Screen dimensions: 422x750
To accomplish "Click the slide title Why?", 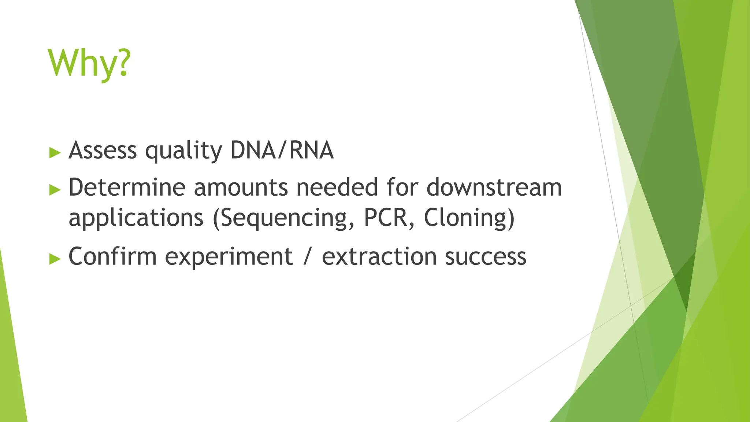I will point(89,64).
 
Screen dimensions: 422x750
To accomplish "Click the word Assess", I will point(103,150).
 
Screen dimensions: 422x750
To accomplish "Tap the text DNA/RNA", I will point(282,150).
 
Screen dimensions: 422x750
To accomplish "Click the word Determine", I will point(127,187).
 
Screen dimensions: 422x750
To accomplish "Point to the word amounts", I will point(241,188).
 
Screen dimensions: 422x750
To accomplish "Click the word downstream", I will point(494,187).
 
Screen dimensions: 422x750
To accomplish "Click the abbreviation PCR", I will point(388,218).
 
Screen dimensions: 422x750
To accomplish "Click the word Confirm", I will point(112,256).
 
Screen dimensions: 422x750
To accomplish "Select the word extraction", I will point(379,256).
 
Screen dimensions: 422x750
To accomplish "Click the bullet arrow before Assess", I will point(55,152).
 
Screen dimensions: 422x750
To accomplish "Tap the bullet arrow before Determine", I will point(55,190).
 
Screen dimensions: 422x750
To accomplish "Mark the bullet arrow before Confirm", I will point(55,259).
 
